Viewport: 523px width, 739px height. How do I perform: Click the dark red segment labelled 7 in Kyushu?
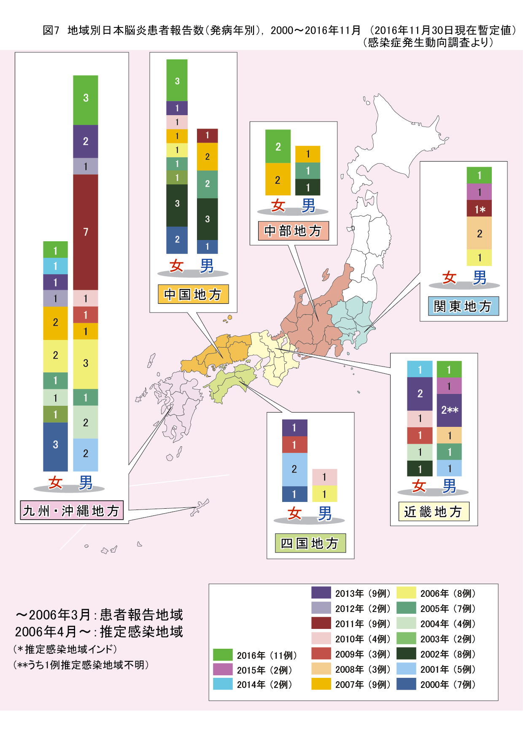86,232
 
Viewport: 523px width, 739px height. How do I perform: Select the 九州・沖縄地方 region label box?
72,511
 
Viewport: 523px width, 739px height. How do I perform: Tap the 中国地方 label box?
193,294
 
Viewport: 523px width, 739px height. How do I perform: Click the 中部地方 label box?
293,231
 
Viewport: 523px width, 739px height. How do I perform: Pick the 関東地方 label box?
463,306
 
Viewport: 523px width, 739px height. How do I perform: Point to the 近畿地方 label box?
434,512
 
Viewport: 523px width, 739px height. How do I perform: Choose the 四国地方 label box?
310,543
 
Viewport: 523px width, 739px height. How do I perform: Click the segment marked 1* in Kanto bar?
479,209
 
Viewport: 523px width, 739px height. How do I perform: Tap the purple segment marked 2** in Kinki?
449,410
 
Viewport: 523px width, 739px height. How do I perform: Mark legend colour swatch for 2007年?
321,684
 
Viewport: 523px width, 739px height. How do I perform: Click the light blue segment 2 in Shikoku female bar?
294,469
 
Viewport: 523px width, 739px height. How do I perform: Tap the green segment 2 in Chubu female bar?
278,146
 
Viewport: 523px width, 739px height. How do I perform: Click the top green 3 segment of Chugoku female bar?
177,80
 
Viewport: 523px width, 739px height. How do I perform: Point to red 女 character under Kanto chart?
449,278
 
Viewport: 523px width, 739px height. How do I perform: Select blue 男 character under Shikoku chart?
325,513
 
